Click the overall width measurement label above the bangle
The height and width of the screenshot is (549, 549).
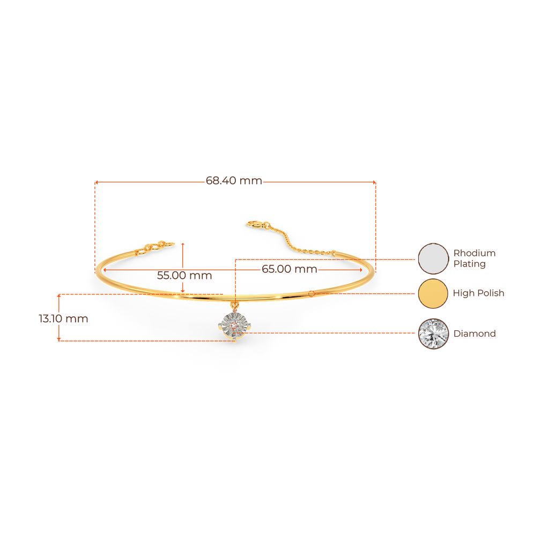pos(234,181)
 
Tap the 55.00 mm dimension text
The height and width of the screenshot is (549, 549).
pos(184,276)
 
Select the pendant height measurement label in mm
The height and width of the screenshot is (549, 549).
pos(63,318)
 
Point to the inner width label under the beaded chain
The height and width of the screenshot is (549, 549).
pos(289,269)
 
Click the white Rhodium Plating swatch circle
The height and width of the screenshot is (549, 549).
pos(433,258)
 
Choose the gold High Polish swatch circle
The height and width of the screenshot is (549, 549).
pos(433,294)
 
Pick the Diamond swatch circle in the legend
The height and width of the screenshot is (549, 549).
pos(433,333)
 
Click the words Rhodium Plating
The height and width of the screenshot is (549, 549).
pos(474,258)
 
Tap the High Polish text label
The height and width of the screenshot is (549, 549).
pos(478,294)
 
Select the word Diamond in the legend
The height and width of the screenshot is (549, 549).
pos(474,333)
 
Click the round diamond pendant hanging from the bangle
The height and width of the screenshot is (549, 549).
pos(233,325)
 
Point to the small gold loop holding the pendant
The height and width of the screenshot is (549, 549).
pos(233,306)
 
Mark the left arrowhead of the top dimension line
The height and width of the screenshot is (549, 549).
pos(96,182)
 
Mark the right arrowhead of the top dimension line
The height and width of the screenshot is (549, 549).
pos(374,182)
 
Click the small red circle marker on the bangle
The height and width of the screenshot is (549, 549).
pos(312,293)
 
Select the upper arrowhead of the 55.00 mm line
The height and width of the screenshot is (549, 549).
pos(183,245)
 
